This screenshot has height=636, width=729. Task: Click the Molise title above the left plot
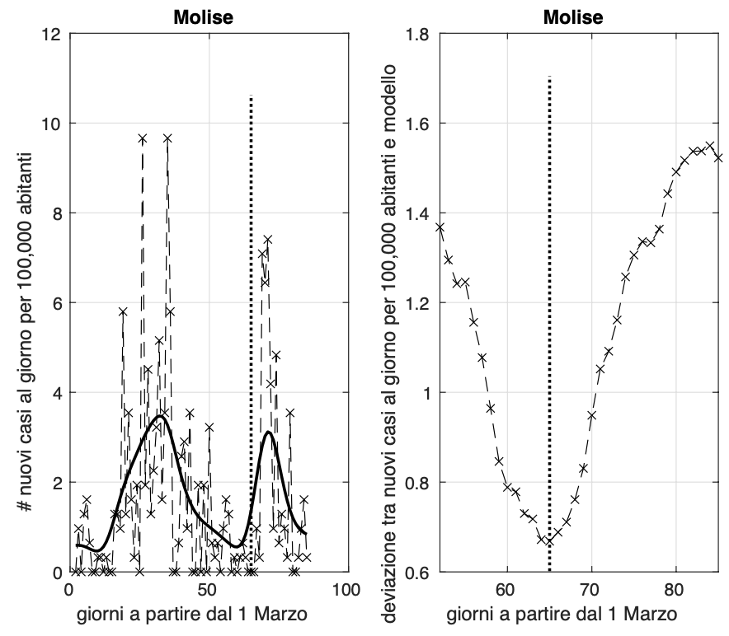[x=207, y=17]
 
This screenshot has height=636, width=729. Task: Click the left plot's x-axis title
[x=207, y=613]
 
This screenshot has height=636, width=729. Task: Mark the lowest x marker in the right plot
[x=549, y=541]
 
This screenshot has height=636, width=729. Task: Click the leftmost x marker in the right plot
[x=440, y=227]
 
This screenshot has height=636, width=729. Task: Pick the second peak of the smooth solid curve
[x=269, y=432]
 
